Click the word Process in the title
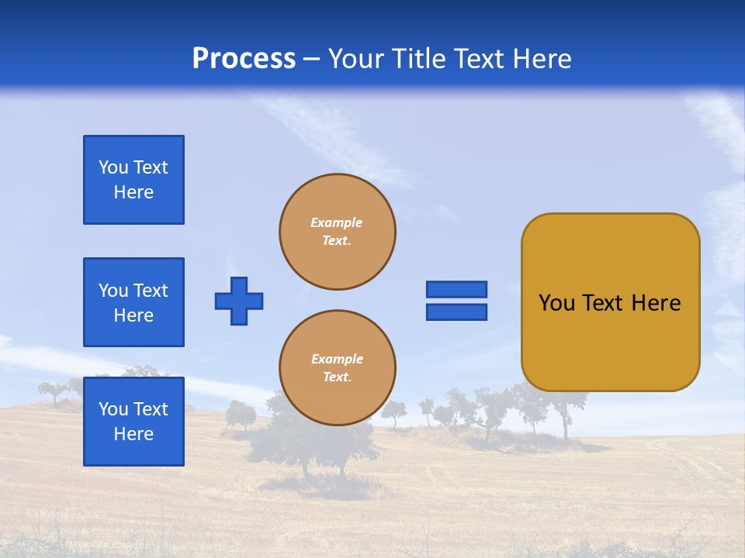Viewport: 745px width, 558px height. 244,59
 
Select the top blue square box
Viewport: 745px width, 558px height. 133,180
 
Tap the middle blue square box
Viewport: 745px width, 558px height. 133,302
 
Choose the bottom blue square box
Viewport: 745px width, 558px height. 133,421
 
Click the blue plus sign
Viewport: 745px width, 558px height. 239,301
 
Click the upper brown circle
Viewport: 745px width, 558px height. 338,232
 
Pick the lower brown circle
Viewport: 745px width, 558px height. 338,368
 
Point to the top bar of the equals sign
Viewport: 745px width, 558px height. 456,289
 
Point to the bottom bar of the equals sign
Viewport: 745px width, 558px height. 456,312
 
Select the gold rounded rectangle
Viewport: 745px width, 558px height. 610,302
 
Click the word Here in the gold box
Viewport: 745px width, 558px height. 657,303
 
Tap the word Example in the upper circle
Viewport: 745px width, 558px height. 337,222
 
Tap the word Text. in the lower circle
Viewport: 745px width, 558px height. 337,377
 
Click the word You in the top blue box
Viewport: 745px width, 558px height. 113,167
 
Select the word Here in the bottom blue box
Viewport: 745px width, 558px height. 133,434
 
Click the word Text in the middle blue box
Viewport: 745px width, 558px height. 151,291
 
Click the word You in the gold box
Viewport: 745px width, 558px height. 556,303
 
